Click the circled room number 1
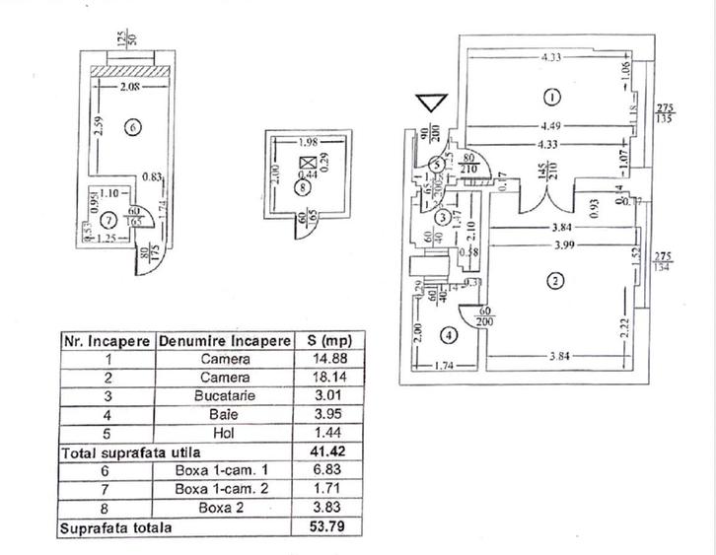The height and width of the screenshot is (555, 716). (551, 97)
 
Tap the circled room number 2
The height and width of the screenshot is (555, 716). (555, 281)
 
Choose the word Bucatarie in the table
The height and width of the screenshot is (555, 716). (225, 396)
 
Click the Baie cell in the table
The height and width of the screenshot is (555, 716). (225, 415)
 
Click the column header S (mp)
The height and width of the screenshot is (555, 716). (327, 340)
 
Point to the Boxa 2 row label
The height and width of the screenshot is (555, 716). (225, 509)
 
